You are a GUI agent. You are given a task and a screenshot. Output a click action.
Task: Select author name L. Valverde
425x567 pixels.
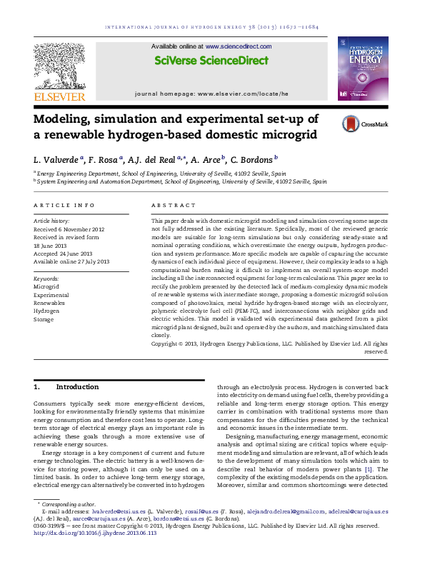coord(55,159)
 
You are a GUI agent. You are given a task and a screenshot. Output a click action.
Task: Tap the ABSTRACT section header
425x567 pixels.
coord(170,206)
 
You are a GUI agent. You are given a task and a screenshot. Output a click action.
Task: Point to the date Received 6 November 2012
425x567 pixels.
coord(65,228)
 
